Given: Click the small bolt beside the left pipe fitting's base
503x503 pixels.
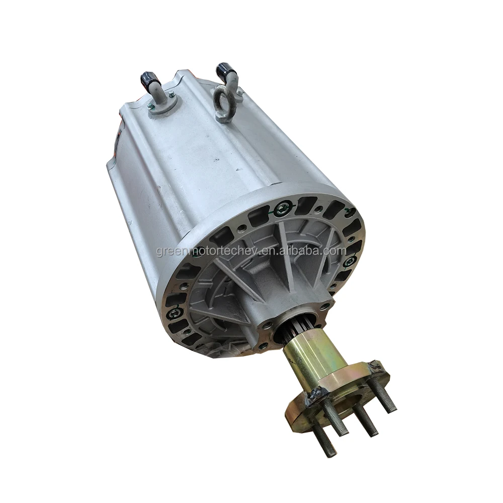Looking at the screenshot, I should click(x=172, y=94).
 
